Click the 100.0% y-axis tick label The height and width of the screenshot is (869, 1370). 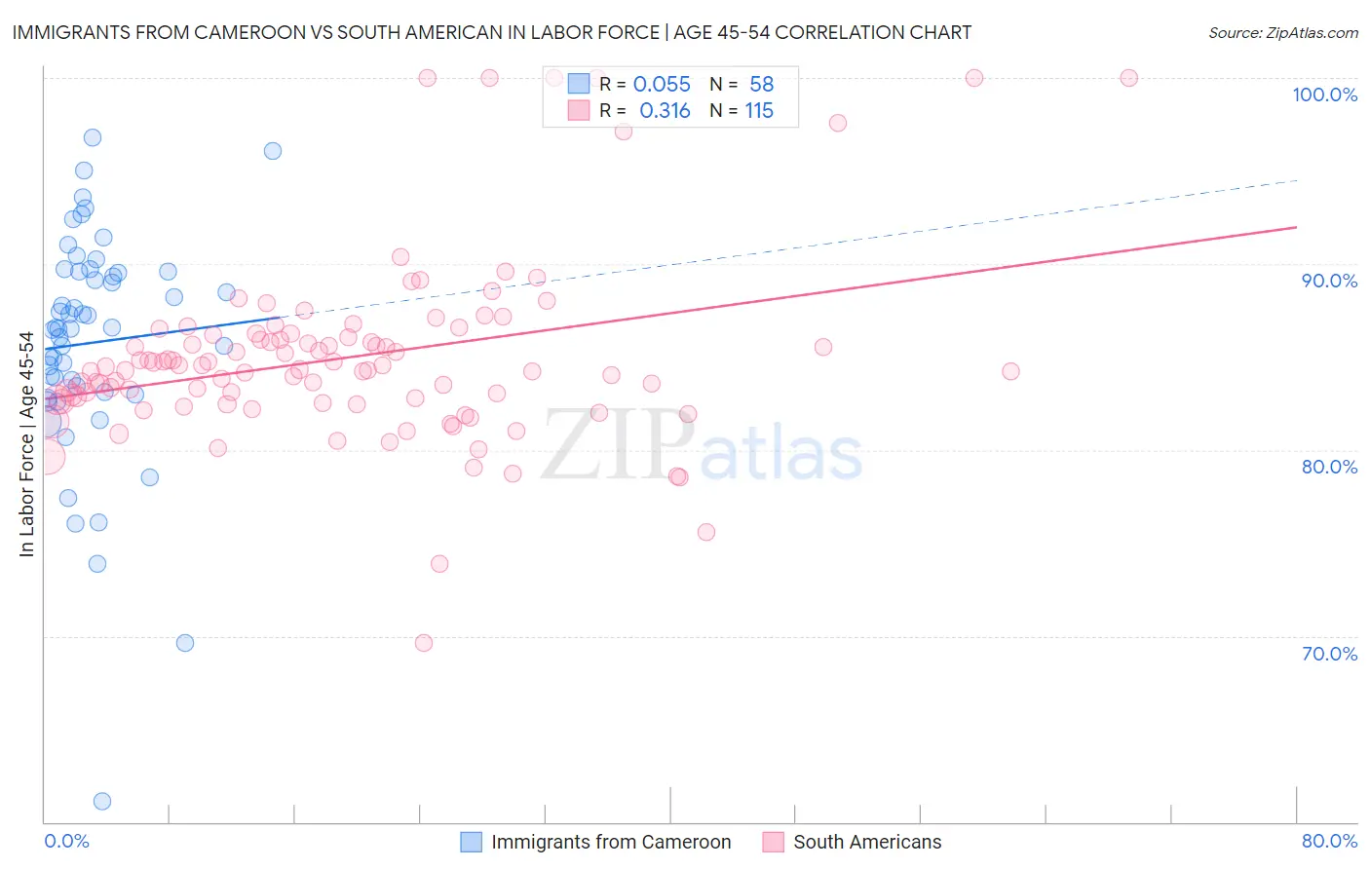pos(1324,94)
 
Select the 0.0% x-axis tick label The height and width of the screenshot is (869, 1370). pos(66,841)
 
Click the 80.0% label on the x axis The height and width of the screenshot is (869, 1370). pos(1329,841)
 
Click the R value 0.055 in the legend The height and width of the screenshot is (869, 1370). pos(662,85)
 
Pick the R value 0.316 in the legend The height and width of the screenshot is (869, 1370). pos(665,111)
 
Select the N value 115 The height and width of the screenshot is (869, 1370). pos(759,111)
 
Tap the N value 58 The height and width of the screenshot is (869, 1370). pos(761,85)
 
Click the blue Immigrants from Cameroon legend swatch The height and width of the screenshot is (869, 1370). pos(472,842)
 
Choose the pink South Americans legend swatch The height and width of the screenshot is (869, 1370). pos(774,842)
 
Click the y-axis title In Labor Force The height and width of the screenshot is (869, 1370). pos(26,444)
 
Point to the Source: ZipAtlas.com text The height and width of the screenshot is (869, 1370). pos(1282,33)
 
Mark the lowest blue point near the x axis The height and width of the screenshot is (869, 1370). pos(101,801)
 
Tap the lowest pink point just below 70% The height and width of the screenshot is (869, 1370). pos(424,643)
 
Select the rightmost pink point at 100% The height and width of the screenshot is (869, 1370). pos(1128,78)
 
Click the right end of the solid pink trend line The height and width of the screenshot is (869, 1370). pos(1296,227)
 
